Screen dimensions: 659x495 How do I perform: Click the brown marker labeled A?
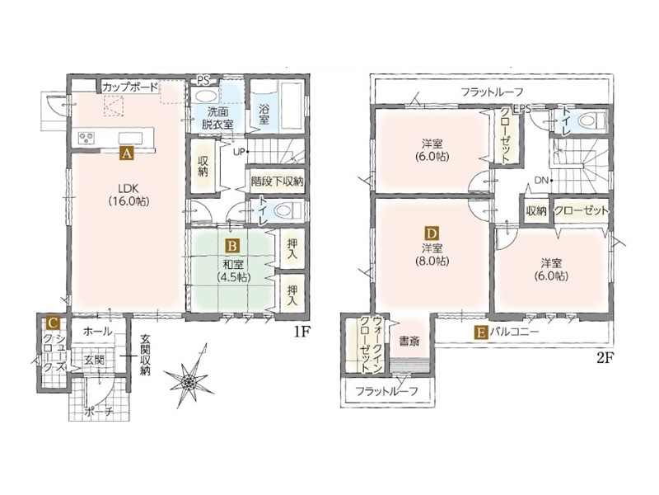coord(127,153)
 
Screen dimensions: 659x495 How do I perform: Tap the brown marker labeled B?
coord(232,245)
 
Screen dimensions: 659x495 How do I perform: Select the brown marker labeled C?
coord(53,323)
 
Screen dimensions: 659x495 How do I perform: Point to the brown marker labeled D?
coord(432,233)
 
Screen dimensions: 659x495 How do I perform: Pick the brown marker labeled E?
coord(481,332)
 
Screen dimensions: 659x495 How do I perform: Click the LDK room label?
coord(129,194)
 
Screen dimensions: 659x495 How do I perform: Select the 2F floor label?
coord(605,358)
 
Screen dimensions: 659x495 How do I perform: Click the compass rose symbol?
coord(189,376)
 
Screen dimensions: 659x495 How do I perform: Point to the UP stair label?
coord(238,152)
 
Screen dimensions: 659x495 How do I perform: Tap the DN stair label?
coord(541,181)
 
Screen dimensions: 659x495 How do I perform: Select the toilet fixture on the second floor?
coord(591,121)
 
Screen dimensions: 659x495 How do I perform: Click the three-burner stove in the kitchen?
coord(87,138)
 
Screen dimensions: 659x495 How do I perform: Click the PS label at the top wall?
coord(203,80)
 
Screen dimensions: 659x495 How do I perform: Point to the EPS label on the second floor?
coord(521,109)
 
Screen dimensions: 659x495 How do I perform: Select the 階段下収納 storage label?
coord(277,181)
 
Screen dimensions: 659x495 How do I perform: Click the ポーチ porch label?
coord(98,412)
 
